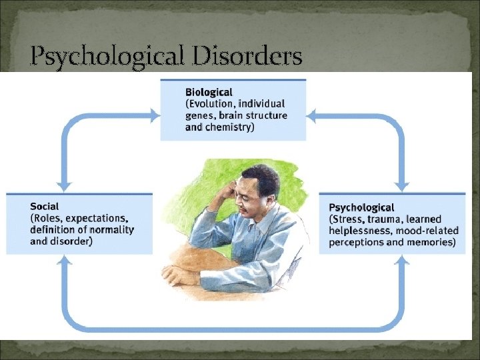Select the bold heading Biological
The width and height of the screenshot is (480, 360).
[209, 92]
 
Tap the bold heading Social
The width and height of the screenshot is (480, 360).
[44, 207]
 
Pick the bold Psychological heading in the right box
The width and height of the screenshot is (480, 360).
[361, 207]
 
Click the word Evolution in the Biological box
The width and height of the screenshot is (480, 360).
[212, 104]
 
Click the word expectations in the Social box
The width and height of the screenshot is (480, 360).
[98, 218]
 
